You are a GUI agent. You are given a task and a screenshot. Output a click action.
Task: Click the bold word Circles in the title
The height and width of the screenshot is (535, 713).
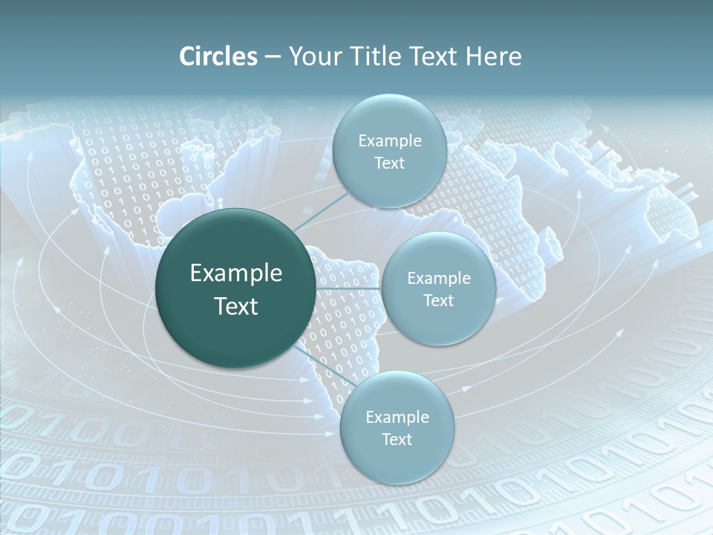click(218, 56)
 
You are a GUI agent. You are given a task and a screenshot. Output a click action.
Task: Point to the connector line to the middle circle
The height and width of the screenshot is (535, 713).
click(348, 288)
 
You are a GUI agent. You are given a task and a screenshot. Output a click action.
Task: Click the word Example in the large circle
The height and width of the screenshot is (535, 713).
click(236, 273)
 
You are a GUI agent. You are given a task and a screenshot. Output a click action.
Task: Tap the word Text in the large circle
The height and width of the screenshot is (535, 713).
click(236, 306)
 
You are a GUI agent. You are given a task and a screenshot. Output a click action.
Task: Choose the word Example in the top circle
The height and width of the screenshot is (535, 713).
click(389, 141)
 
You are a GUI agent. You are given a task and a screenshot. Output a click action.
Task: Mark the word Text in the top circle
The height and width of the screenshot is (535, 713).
click(389, 163)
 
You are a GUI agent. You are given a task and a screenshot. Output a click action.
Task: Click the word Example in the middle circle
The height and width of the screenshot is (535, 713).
click(438, 279)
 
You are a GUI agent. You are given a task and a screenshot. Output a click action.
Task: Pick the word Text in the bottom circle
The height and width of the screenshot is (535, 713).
click(397, 440)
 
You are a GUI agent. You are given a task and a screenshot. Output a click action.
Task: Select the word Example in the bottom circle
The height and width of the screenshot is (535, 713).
click(397, 418)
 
